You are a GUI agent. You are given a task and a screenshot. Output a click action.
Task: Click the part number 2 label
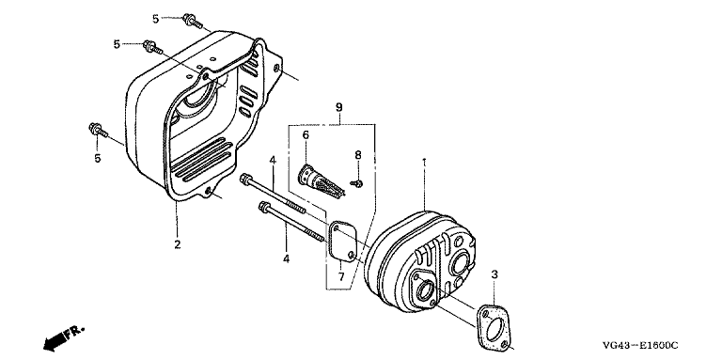[178, 244]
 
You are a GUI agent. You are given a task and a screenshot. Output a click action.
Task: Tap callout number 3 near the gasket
[494, 274]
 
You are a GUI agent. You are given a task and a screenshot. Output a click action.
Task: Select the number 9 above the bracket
[338, 108]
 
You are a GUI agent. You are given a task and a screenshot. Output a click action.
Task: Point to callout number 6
[306, 135]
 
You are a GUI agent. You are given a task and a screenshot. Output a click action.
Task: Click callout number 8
[358, 155]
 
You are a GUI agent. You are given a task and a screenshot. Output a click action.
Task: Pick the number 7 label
[341, 277]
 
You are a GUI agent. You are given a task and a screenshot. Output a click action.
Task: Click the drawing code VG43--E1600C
[641, 345]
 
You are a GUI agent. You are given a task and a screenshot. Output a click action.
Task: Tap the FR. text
[74, 332]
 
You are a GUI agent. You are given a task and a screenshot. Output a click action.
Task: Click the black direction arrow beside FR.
[55, 341]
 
